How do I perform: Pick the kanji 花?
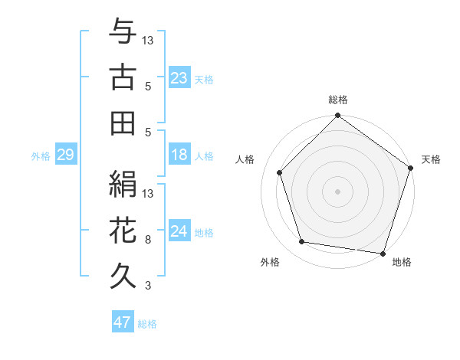point(123,228)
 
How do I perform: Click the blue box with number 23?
point(179,78)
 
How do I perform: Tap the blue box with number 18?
point(179,155)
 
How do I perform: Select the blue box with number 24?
point(179,232)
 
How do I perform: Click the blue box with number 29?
point(64,155)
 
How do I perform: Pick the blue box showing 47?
point(122,322)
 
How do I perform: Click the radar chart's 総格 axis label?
point(337,100)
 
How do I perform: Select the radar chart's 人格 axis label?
point(245,159)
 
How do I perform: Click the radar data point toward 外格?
point(302,242)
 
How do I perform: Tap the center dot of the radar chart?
point(337,191)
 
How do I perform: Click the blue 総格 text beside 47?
point(147,324)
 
